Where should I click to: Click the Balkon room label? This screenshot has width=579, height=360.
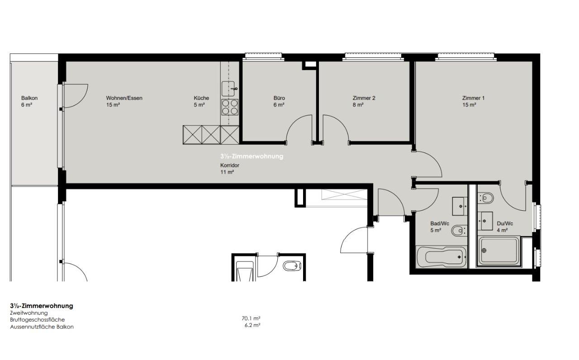pyautogui.click(x=29, y=98)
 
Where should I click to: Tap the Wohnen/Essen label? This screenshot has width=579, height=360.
pyautogui.click(x=124, y=98)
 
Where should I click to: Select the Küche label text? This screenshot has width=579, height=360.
pyautogui.click(x=201, y=98)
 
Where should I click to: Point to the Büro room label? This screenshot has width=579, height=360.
pyautogui.click(x=279, y=98)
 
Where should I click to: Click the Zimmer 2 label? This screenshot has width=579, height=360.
pyautogui.click(x=364, y=98)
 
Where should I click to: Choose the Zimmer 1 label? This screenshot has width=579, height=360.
pyautogui.click(x=473, y=98)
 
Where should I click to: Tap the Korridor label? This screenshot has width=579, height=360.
pyautogui.click(x=230, y=165)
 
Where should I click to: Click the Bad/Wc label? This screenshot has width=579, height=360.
pyautogui.click(x=440, y=223)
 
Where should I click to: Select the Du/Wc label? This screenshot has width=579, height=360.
pyautogui.click(x=505, y=223)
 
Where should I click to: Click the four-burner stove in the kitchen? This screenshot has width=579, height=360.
pyautogui.click(x=230, y=107)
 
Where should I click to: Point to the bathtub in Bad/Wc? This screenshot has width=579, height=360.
pyautogui.click(x=441, y=257)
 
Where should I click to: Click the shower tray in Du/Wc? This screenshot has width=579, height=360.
pyautogui.click(x=498, y=251)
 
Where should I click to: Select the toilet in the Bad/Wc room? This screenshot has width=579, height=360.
pyautogui.click(x=459, y=231)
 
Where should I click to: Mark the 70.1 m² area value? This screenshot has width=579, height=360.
pyautogui.click(x=251, y=318)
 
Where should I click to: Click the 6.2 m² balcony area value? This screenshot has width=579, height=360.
pyautogui.click(x=252, y=325)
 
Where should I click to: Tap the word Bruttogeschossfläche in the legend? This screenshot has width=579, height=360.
pyautogui.click(x=37, y=320)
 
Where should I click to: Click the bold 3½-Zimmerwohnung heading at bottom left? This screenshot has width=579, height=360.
pyautogui.click(x=42, y=306)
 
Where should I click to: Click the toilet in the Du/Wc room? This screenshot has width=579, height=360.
pyautogui.click(x=485, y=198)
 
